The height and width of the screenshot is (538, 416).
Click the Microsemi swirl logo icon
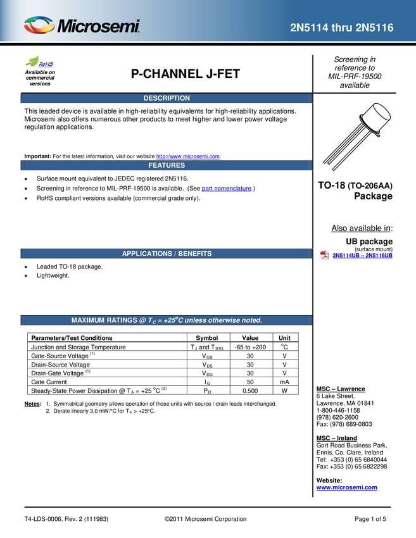(x=39, y=25)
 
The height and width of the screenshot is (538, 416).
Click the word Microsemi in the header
(x=98, y=27)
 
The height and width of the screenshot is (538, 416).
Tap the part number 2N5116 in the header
(x=376, y=28)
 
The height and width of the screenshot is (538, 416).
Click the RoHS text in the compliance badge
(x=46, y=64)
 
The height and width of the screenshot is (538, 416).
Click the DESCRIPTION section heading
(x=167, y=98)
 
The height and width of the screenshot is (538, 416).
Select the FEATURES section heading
(x=167, y=165)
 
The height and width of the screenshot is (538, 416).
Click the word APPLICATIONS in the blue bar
(x=147, y=254)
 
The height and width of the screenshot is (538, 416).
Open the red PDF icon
(x=324, y=254)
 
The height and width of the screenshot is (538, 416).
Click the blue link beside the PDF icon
(x=363, y=255)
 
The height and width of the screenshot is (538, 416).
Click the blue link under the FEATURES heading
(x=226, y=189)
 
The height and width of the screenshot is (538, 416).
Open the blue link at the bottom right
(x=346, y=487)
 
